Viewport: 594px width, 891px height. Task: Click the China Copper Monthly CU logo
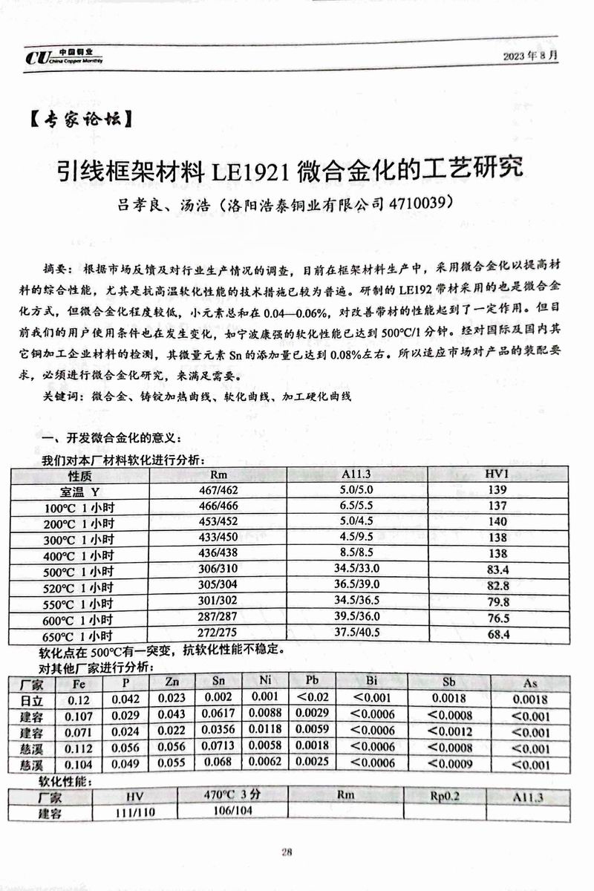coord(62,57)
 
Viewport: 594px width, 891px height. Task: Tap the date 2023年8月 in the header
coord(529,56)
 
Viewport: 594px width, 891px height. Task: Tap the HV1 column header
coord(496,474)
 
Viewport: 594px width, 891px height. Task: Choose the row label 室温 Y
coord(80,491)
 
